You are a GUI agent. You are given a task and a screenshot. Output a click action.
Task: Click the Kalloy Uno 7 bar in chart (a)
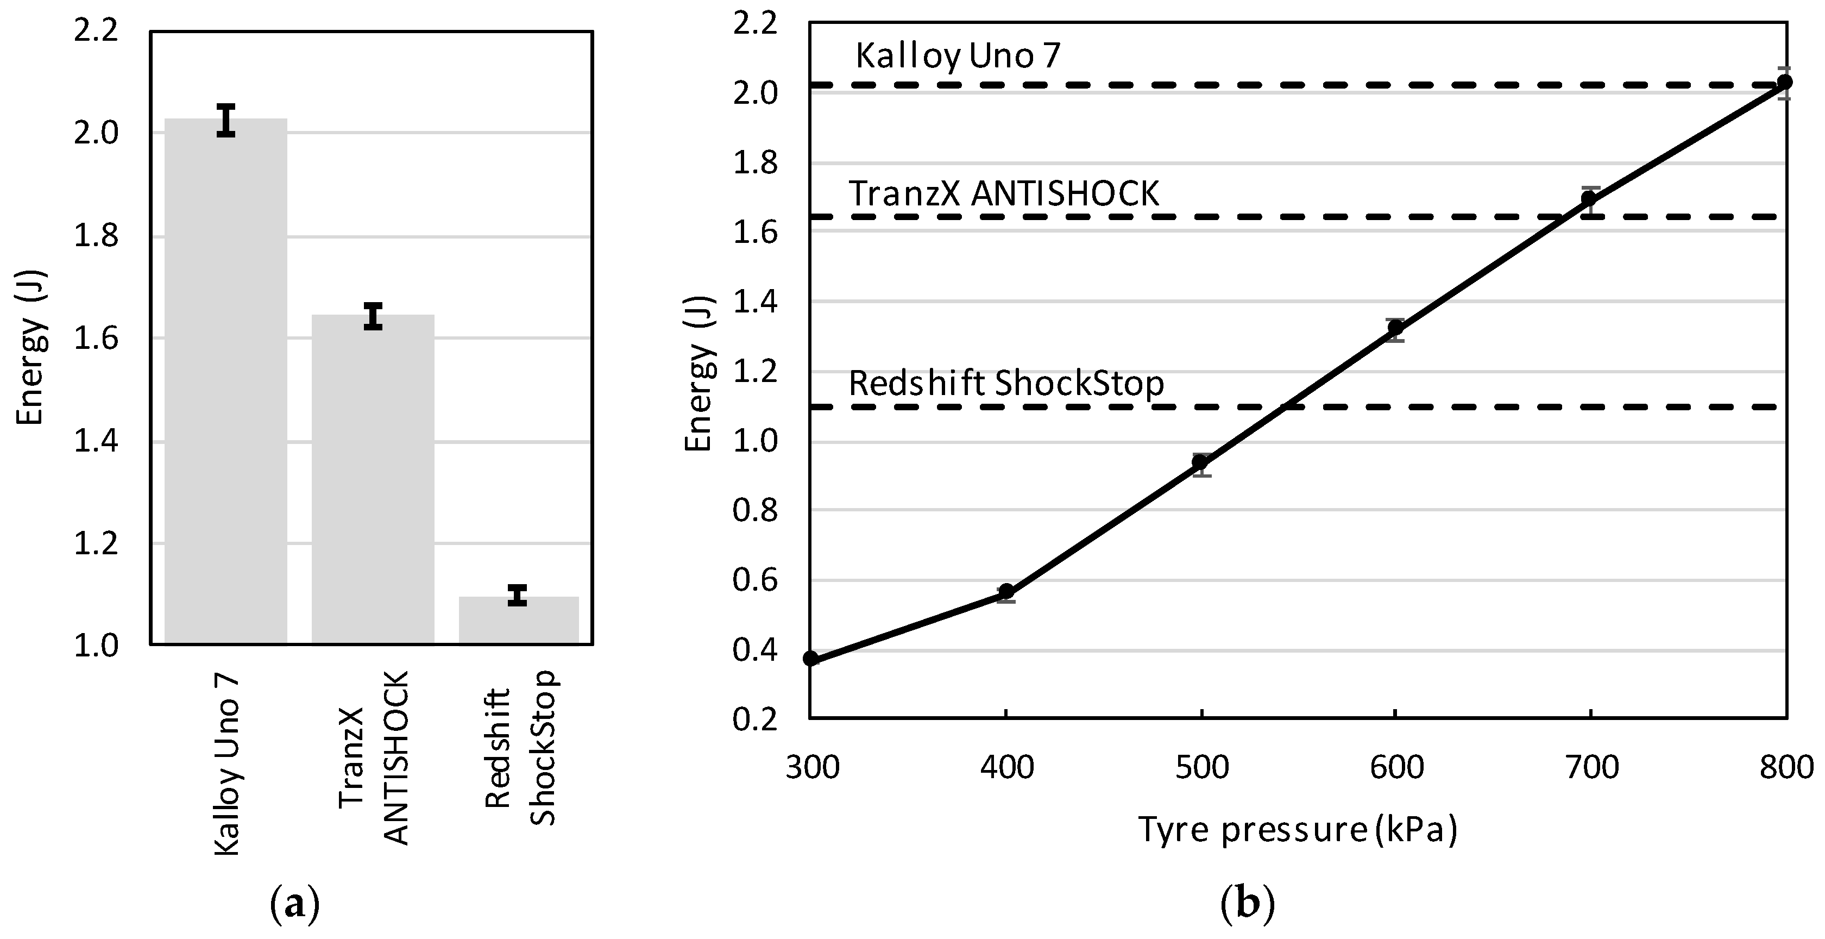click(x=225, y=383)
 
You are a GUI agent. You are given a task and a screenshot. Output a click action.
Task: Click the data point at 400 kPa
click(x=1006, y=592)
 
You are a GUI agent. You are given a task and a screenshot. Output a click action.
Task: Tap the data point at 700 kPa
click(x=1589, y=199)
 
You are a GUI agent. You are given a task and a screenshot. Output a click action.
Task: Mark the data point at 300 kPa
click(x=811, y=659)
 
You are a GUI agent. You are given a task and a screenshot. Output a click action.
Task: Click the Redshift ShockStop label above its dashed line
click(x=1006, y=384)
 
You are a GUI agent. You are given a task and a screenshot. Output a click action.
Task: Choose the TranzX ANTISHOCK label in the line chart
click(x=1004, y=193)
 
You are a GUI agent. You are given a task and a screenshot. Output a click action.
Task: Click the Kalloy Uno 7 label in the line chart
click(x=958, y=56)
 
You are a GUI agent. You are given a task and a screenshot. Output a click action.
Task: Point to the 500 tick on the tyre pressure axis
click(x=1201, y=767)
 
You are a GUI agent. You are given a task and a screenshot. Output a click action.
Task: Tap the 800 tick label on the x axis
click(x=1786, y=767)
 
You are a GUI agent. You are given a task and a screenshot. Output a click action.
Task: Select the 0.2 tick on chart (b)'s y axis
click(x=754, y=719)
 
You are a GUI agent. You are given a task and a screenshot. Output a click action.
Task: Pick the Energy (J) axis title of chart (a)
click(x=30, y=347)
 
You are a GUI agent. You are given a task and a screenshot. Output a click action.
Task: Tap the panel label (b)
click(x=1248, y=904)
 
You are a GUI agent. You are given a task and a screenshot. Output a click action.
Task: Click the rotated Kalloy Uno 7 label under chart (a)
click(x=226, y=765)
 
